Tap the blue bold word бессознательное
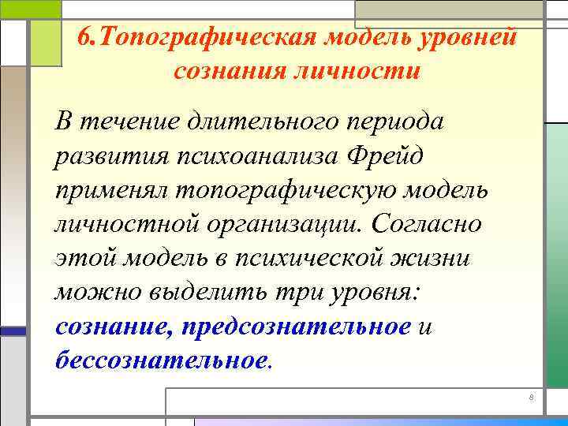tap(162, 360)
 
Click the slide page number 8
tap(532, 398)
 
